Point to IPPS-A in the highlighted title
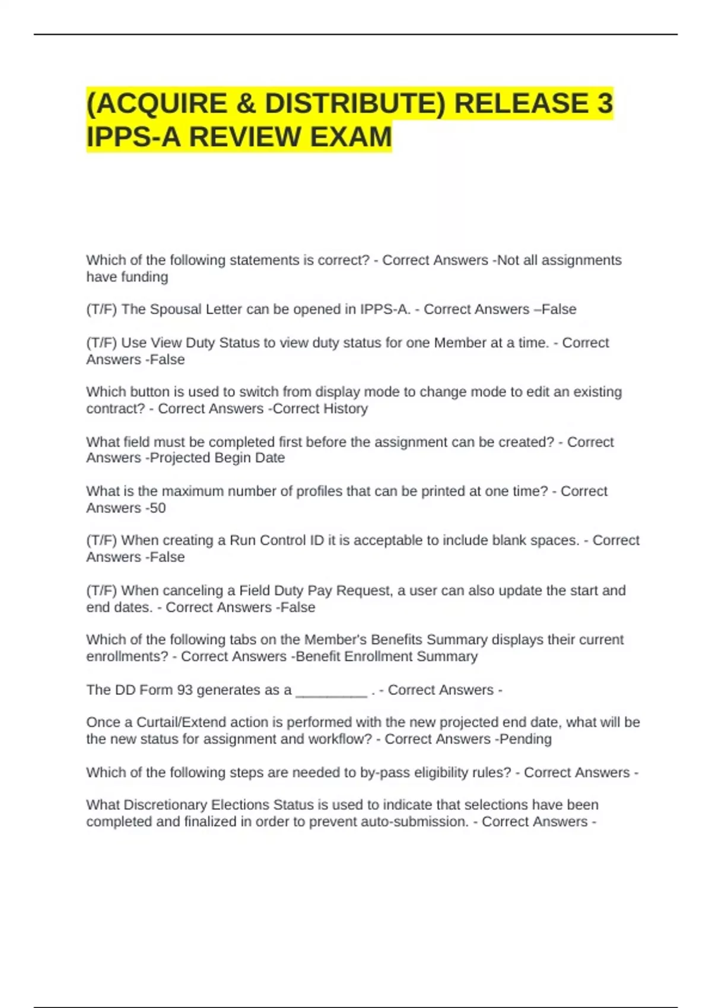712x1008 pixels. tap(133, 137)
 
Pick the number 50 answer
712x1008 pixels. tap(157, 508)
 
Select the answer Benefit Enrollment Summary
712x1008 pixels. tap(386, 656)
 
